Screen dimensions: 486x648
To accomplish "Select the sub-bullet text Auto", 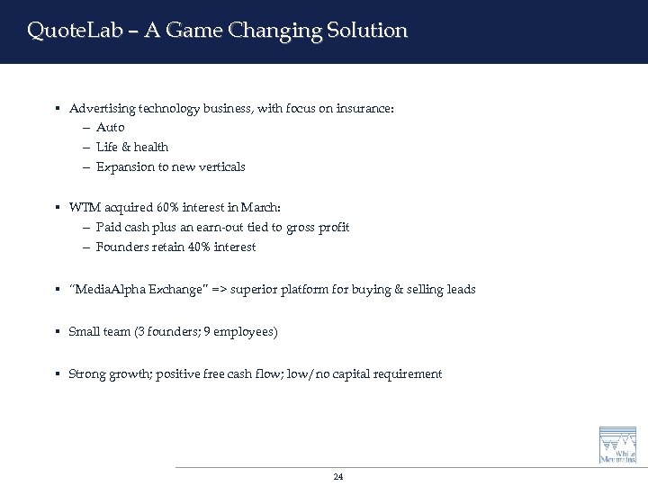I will coord(111,128).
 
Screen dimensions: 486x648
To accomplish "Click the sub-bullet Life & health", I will coord(132,147).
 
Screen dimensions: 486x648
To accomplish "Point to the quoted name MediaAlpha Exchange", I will coord(148,290).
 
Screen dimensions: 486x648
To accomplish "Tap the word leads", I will coord(460,290).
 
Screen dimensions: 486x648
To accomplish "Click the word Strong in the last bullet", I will coord(87,374).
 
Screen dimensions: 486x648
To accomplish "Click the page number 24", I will coord(337,477).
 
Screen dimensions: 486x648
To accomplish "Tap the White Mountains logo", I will coord(617,445).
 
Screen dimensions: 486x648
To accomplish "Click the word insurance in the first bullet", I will coord(364,109).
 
